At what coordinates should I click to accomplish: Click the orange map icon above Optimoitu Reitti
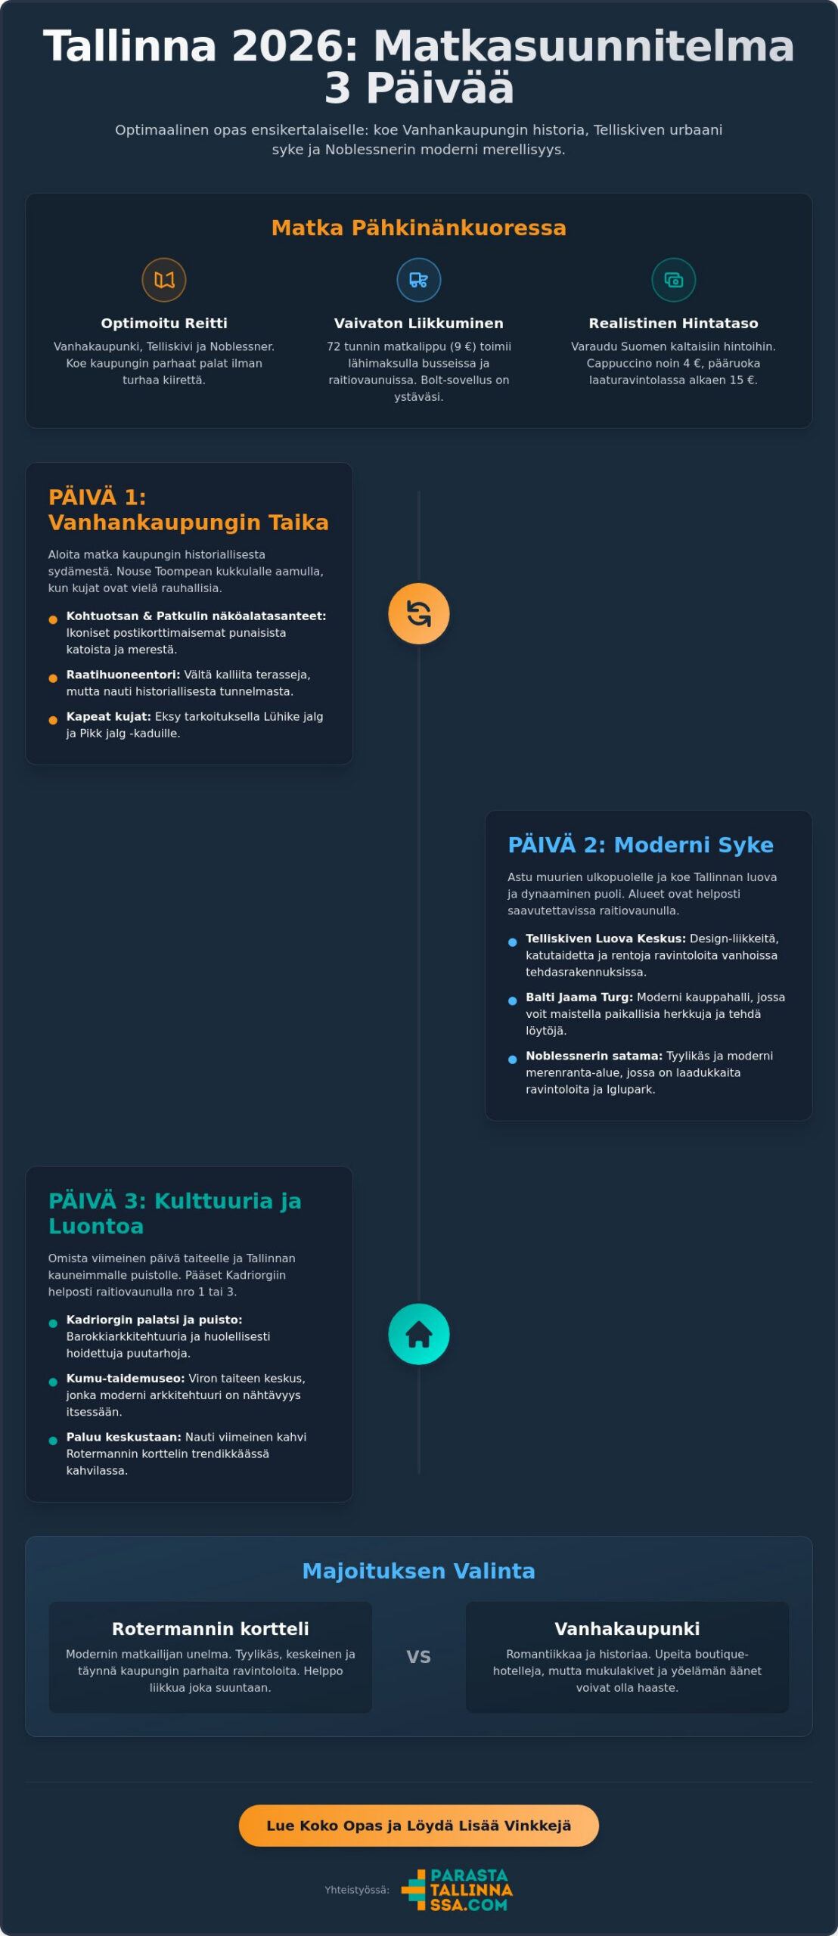pyautogui.click(x=164, y=280)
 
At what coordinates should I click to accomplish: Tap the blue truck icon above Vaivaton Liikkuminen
pyautogui.click(x=419, y=280)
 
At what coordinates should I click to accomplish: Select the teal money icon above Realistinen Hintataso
pyautogui.click(x=674, y=280)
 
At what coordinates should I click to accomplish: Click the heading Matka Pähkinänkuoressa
pyautogui.click(x=419, y=228)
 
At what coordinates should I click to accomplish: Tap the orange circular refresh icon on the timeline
pyautogui.click(x=419, y=613)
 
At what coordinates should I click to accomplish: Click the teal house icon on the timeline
pyautogui.click(x=419, y=1334)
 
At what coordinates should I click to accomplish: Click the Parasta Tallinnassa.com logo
pyautogui.click(x=457, y=1889)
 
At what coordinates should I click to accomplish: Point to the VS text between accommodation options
pyautogui.click(x=419, y=1657)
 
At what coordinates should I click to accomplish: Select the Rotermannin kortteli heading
pyautogui.click(x=210, y=1629)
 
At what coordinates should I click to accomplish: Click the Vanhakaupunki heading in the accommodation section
pyautogui.click(x=627, y=1629)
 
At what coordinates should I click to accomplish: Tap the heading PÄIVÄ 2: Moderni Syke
pyautogui.click(x=641, y=845)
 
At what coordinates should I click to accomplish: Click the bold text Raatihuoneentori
pyautogui.click(x=123, y=675)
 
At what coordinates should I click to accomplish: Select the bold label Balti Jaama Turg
pyautogui.click(x=579, y=997)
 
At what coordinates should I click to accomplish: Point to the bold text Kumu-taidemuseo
pyautogui.click(x=126, y=1379)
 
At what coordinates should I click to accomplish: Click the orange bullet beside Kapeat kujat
pyautogui.click(x=53, y=720)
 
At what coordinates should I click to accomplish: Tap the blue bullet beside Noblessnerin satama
pyautogui.click(x=513, y=1060)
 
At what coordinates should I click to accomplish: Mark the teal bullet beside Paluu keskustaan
pyautogui.click(x=53, y=1441)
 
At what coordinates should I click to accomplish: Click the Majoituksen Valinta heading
pyautogui.click(x=419, y=1571)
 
